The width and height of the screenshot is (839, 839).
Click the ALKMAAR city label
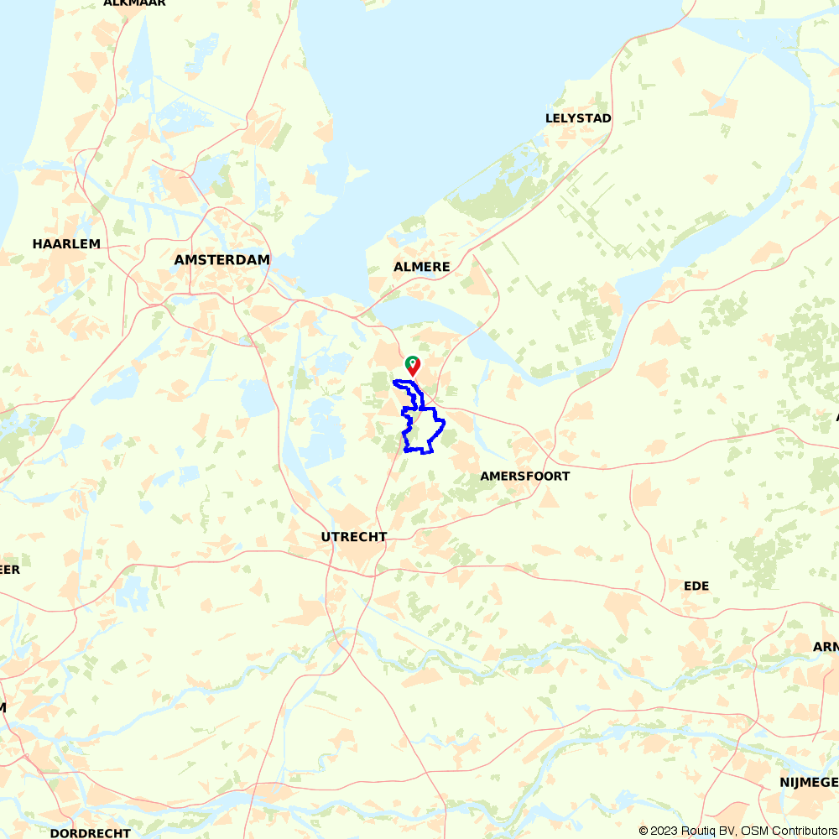click(134, 3)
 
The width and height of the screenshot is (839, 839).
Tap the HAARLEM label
click(66, 244)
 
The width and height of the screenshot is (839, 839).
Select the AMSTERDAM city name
click(222, 260)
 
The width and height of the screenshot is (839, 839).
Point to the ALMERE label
click(422, 267)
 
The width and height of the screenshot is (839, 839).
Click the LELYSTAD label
click(578, 118)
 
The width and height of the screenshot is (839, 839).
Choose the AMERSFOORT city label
click(525, 477)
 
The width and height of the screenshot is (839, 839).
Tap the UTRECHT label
click(354, 537)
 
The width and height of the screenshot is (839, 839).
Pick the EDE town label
click(696, 586)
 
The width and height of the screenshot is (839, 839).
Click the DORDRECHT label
click(90, 833)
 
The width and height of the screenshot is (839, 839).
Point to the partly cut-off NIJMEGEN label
click(809, 783)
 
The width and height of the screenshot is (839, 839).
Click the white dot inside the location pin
click(413, 363)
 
